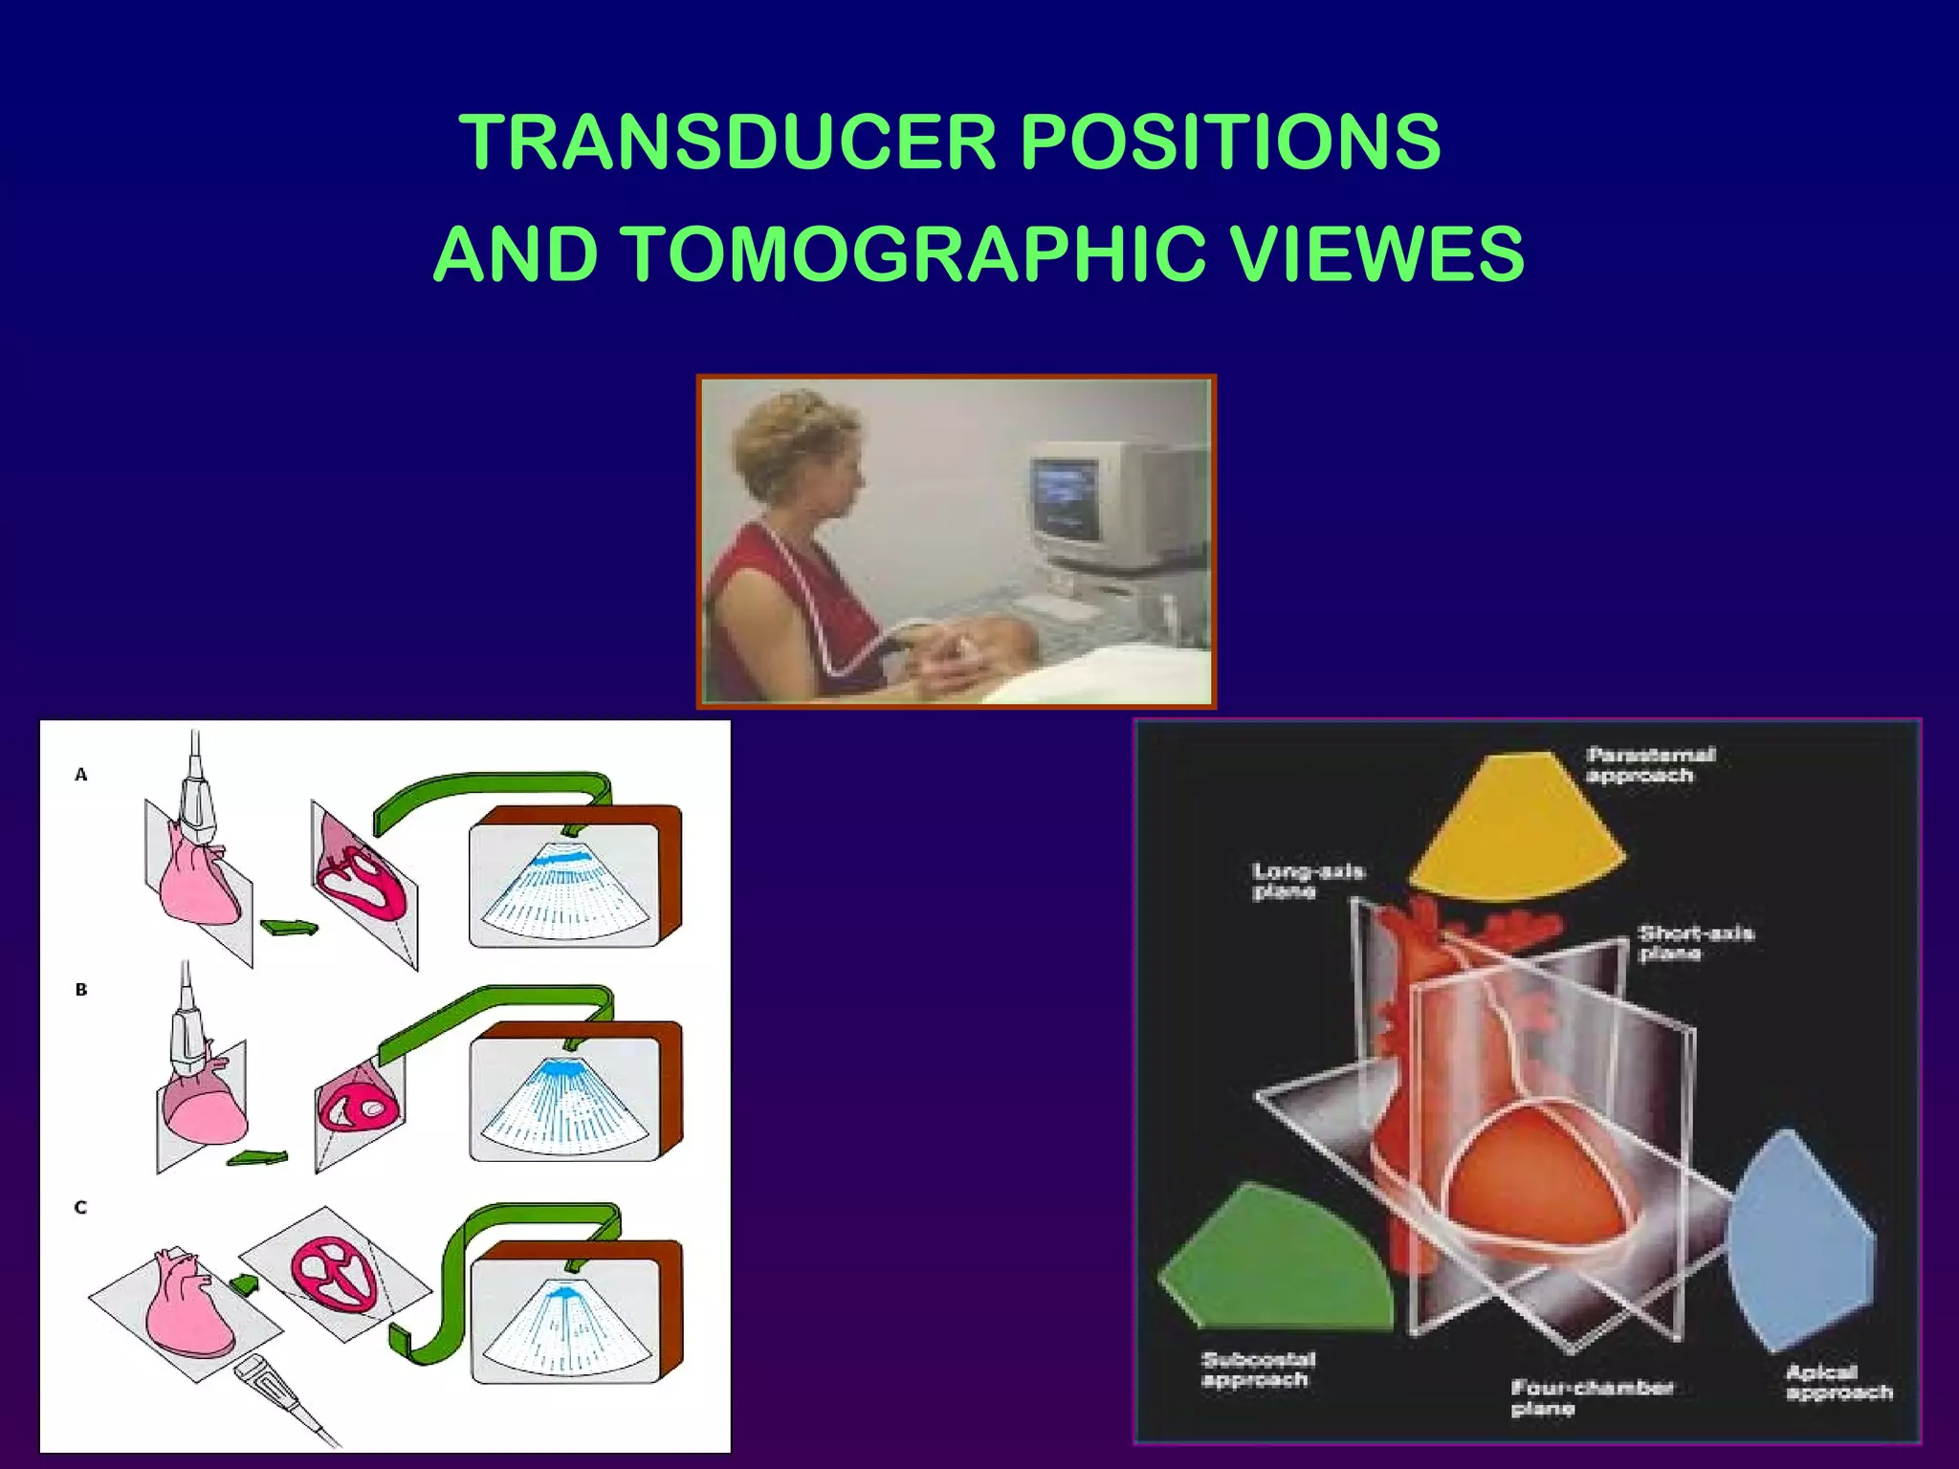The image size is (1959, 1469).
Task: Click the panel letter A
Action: click(x=81, y=775)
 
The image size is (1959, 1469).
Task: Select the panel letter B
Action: click(x=81, y=990)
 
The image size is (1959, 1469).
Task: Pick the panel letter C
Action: click(x=81, y=1207)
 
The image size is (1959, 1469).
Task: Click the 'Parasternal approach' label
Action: click(x=1649, y=765)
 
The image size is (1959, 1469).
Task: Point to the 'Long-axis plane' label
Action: click(x=1307, y=881)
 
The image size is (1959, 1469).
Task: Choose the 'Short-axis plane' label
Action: click(x=1694, y=943)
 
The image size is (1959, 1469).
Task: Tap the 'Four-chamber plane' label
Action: click(x=1590, y=1397)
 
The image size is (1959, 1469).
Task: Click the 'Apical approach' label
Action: click(x=1838, y=1382)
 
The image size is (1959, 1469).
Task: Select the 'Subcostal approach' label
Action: click(x=1257, y=1370)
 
